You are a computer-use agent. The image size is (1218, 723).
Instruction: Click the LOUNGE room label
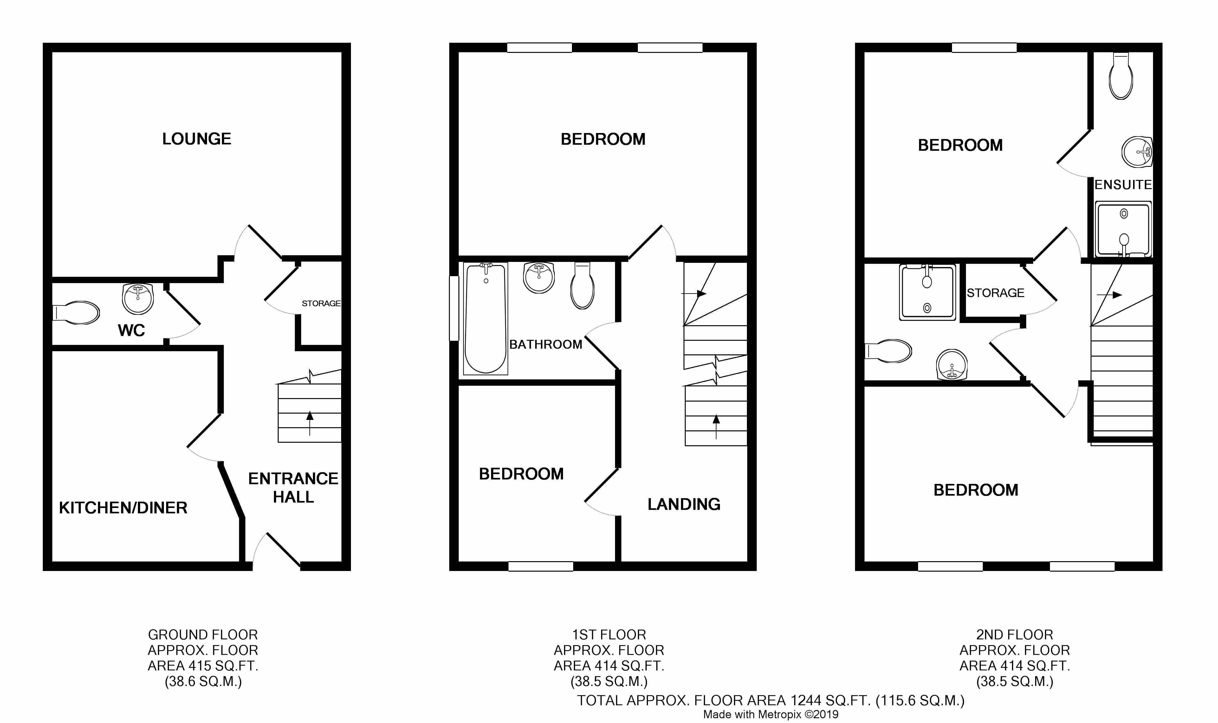coord(197,139)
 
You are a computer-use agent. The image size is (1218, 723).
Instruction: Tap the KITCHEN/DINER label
coord(123,508)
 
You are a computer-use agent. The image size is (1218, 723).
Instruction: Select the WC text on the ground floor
coord(131,330)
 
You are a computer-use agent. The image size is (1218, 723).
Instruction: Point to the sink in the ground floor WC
coord(138,299)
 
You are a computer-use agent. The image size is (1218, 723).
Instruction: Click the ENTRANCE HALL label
coord(293,488)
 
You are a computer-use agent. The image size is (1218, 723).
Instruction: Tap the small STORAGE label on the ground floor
coord(321,303)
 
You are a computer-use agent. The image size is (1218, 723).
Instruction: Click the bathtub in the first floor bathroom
coord(486,319)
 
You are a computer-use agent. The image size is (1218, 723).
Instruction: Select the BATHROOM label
coord(546,345)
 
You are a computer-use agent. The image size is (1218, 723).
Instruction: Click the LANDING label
coord(684,504)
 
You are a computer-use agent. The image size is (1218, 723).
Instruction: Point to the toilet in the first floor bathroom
coord(582,286)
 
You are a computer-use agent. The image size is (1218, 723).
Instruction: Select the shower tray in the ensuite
coord(1123,229)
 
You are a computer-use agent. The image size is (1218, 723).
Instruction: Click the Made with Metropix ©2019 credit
coord(770,715)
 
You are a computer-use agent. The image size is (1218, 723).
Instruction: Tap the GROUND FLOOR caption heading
coord(203,635)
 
